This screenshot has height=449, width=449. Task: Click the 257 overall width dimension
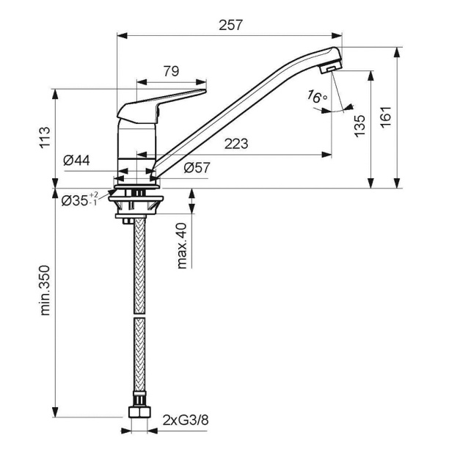230,24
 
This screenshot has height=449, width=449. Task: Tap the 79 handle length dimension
170,71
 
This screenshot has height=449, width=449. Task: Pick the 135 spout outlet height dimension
359,125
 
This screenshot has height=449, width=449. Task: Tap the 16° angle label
317,97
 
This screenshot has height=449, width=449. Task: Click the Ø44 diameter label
77,160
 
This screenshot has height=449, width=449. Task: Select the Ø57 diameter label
197,168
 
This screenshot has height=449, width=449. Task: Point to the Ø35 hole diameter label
79,200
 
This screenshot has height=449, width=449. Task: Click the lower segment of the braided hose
136,359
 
